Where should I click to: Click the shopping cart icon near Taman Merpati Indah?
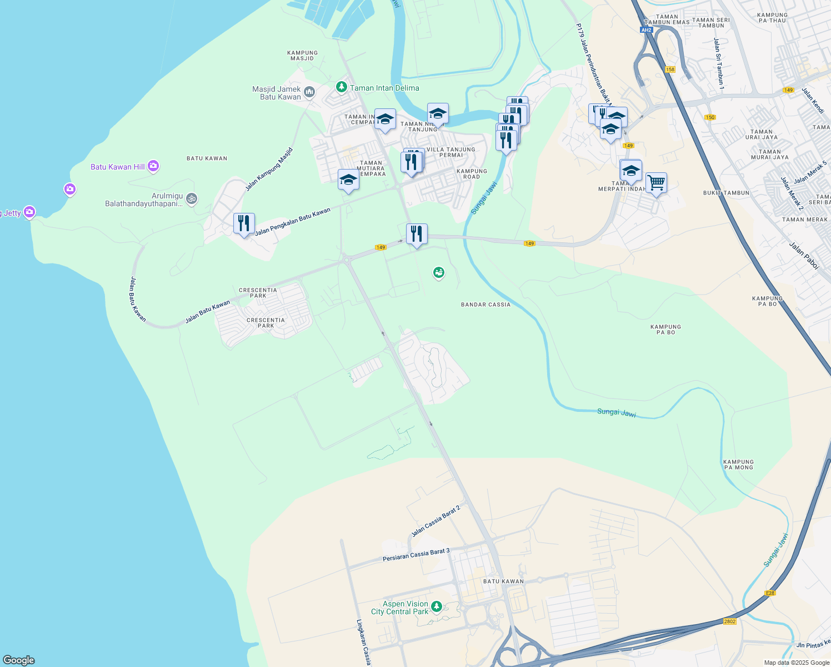(x=657, y=182)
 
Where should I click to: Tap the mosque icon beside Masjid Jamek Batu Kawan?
(x=309, y=92)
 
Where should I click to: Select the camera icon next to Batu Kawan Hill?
(x=153, y=166)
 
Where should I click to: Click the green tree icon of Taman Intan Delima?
(x=342, y=88)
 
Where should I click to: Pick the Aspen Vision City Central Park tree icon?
(x=437, y=606)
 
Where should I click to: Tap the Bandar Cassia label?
(x=485, y=305)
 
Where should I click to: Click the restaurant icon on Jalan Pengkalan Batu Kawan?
(x=244, y=223)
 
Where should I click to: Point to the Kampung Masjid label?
(x=303, y=56)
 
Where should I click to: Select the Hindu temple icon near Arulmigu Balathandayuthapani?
(x=192, y=198)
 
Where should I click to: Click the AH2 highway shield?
(x=646, y=30)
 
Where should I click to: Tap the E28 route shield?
(x=769, y=593)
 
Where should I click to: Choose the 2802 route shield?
(x=730, y=621)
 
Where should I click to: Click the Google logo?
(x=19, y=660)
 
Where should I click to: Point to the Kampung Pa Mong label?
(x=738, y=465)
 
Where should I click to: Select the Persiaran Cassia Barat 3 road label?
(x=416, y=555)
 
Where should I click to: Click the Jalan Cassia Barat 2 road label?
(x=436, y=521)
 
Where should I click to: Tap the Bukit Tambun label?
(x=726, y=193)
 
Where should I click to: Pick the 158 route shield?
(x=670, y=69)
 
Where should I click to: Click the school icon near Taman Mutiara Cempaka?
(x=348, y=180)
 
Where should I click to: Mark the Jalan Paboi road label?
(x=804, y=256)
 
